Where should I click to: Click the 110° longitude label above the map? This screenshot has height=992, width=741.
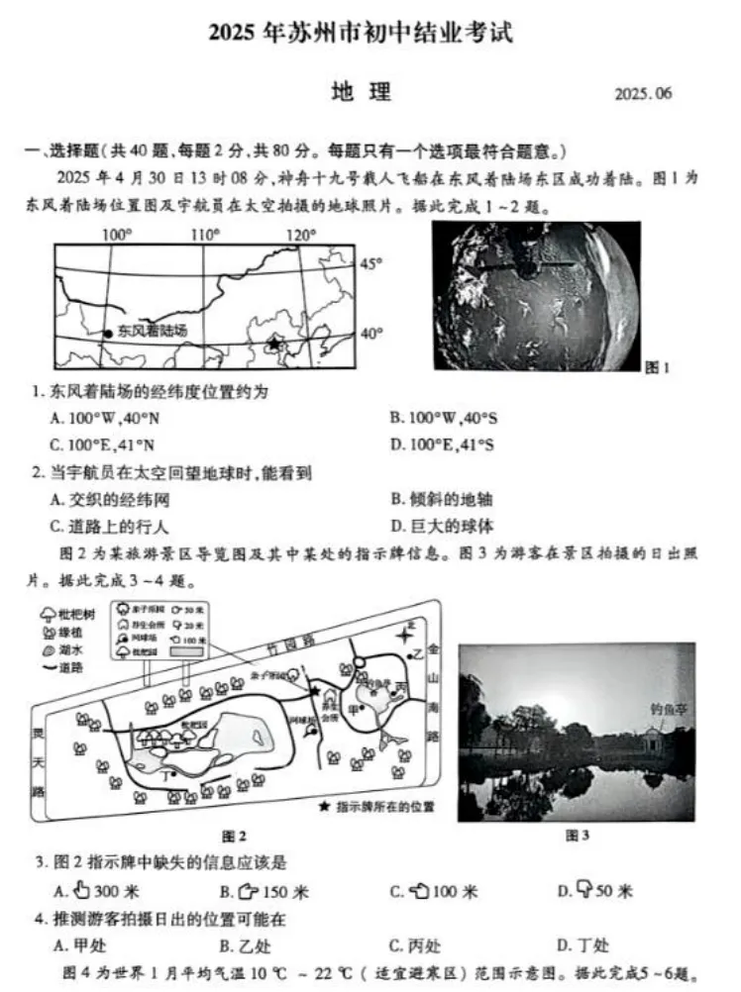[x=205, y=235]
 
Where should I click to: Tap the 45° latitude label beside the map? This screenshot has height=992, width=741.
[x=370, y=264]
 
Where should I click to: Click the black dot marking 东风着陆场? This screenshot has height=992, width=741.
[x=108, y=333]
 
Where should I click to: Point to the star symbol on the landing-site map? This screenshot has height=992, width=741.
[x=274, y=344]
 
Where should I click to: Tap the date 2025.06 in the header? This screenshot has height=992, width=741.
[x=643, y=94]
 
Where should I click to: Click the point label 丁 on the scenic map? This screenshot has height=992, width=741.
[x=165, y=775]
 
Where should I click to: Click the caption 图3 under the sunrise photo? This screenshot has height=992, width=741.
[x=578, y=837]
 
